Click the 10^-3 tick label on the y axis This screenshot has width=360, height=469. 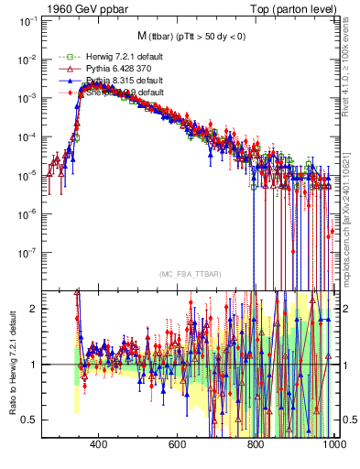tap(26, 97)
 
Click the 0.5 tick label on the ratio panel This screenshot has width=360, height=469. tap(29, 420)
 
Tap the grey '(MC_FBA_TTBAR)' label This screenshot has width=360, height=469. tap(189, 274)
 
